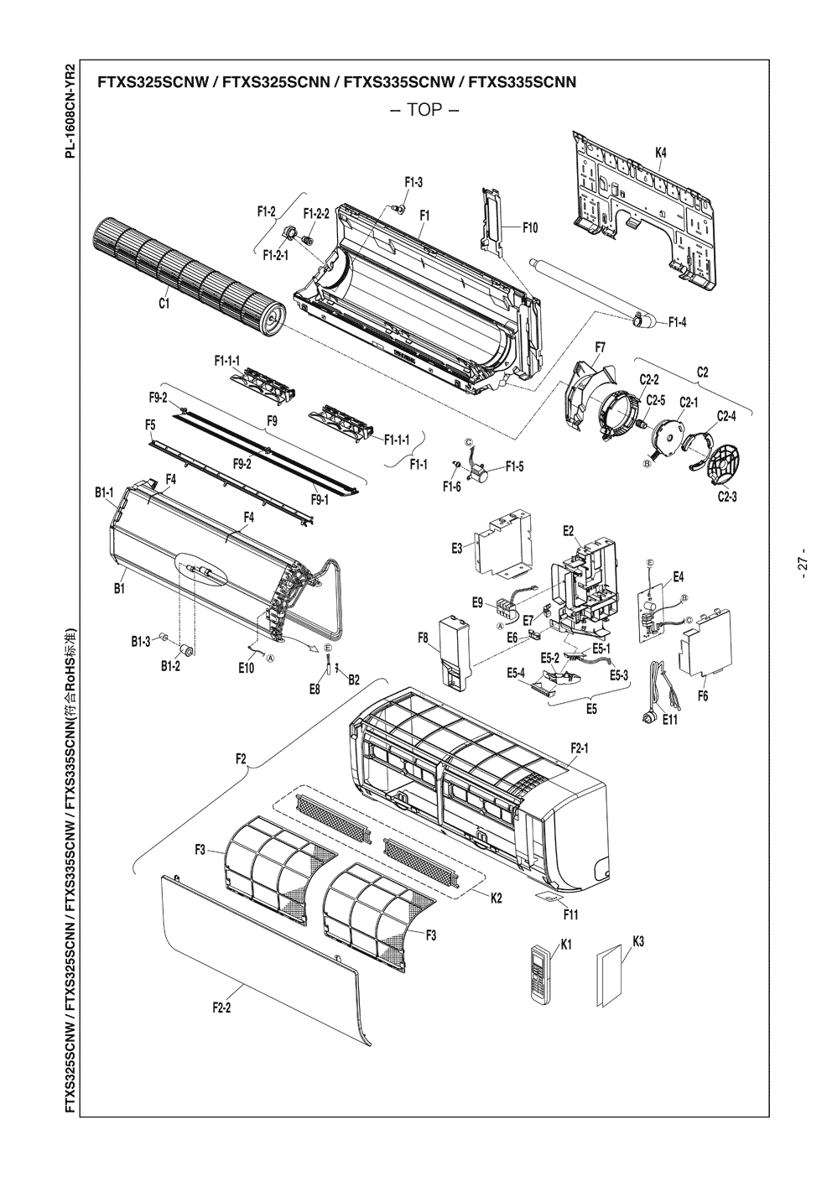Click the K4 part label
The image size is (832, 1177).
(x=661, y=153)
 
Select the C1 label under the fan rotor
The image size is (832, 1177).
(x=165, y=304)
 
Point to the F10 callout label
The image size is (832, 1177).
(x=529, y=227)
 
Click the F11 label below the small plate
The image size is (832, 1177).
(x=571, y=914)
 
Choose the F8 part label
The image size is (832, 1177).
(x=424, y=638)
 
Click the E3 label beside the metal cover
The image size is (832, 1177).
(x=457, y=548)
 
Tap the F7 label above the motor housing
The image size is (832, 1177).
(x=601, y=347)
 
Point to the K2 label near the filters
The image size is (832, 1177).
(x=496, y=898)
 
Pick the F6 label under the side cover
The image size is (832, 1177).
(x=703, y=695)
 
